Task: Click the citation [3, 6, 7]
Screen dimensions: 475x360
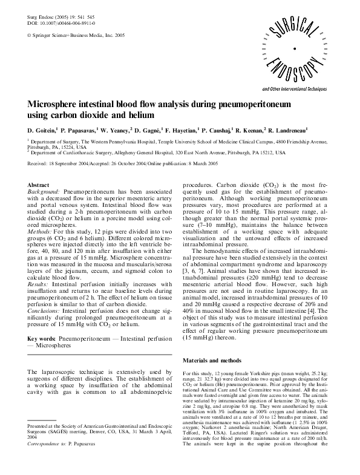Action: click(194, 257)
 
